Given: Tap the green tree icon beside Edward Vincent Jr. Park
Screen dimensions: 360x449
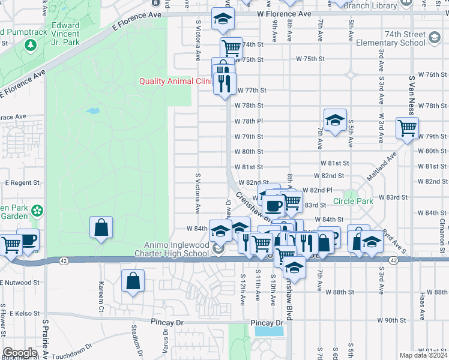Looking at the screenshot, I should [30, 45].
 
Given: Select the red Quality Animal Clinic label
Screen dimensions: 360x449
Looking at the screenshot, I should [175, 81].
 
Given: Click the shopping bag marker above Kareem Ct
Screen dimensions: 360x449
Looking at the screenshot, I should [101, 227].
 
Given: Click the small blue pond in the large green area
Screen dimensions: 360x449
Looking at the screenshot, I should [92, 111].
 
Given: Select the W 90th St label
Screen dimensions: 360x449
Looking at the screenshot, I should [391, 320].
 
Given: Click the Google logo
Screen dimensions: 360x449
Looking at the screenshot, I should [20, 352].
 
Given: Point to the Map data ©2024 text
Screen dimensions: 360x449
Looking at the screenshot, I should [424, 355].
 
